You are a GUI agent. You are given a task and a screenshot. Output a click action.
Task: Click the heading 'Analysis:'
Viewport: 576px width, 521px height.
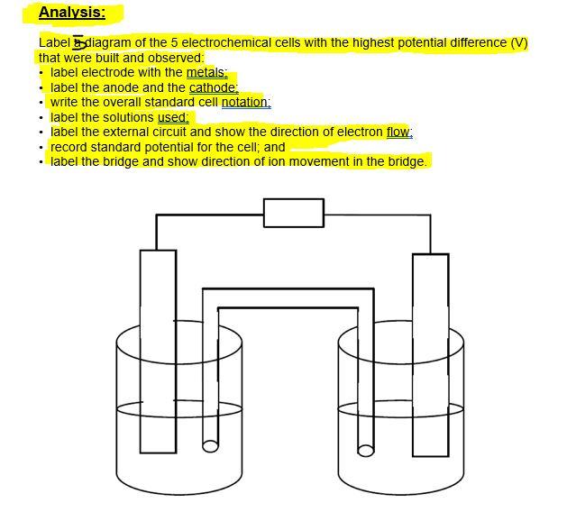tap(71, 13)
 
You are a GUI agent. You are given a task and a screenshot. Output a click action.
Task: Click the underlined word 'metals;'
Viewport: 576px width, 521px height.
tap(206, 72)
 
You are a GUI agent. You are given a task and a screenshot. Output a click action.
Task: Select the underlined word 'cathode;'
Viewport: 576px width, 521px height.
tap(214, 87)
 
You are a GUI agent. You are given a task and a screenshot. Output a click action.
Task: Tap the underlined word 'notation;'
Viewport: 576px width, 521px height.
tap(246, 102)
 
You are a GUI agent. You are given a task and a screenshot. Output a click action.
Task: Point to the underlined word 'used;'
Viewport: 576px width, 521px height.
tap(173, 117)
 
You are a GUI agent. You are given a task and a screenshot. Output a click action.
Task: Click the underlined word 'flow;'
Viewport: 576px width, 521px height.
tap(399, 132)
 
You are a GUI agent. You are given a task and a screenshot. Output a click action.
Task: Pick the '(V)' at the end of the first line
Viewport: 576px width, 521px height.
tap(518, 42)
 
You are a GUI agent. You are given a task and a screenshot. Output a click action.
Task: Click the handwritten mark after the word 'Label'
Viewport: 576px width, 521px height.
tap(79, 42)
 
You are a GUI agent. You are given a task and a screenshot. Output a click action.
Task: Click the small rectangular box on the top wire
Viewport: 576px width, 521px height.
tap(294, 214)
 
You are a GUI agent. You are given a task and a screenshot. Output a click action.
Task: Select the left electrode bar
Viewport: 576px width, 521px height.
tap(158, 352)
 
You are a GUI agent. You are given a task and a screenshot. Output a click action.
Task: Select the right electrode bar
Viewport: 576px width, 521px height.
tap(430, 352)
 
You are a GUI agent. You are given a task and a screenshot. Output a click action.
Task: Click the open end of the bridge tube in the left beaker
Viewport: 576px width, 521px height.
tap(210, 445)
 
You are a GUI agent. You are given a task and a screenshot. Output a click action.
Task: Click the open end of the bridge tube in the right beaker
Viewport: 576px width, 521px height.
tap(365, 449)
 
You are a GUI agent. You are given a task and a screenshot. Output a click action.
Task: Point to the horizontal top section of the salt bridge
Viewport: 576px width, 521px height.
tap(288, 298)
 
